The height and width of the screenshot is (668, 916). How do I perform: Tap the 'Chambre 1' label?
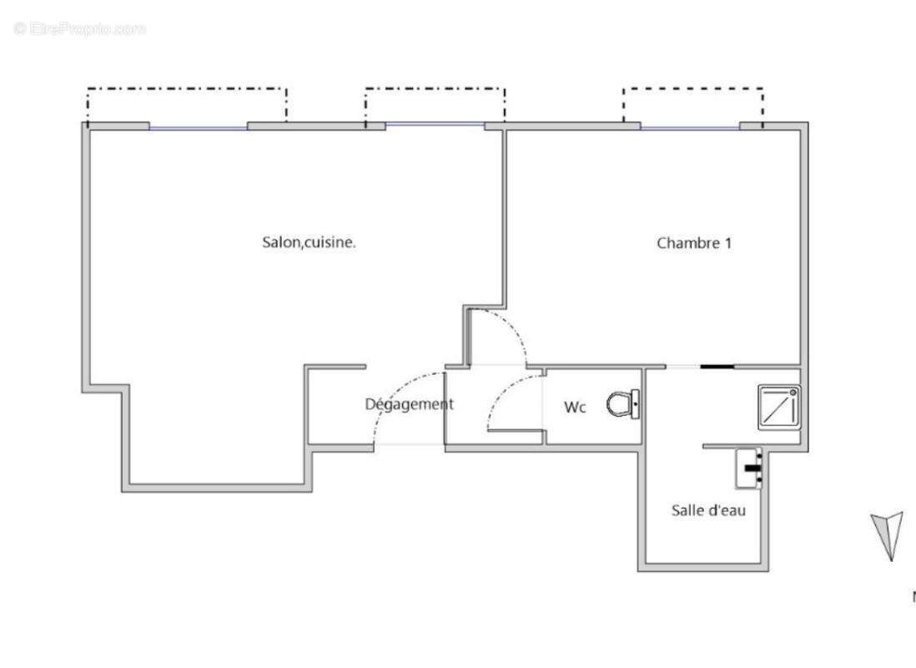click(694, 243)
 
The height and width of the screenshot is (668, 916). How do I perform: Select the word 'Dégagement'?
click(409, 404)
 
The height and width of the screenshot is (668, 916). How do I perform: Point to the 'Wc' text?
click(575, 407)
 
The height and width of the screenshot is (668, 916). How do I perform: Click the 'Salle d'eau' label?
click(708, 510)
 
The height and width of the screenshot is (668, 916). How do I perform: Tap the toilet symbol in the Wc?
click(623, 405)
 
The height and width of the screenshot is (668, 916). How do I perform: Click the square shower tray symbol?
click(778, 407)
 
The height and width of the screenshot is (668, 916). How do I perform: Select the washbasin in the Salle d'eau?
click(748, 468)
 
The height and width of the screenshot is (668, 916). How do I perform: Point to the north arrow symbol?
click(888, 535)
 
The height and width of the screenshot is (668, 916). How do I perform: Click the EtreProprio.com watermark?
click(79, 29)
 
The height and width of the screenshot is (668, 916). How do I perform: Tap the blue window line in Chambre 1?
click(690, 128)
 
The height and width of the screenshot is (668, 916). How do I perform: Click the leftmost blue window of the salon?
click(199, 128)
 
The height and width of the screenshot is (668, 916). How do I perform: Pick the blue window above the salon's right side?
click(435, 124)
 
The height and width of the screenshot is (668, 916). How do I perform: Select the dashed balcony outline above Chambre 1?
click(692, 89)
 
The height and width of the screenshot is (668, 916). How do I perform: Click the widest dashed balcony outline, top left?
click(187, 89)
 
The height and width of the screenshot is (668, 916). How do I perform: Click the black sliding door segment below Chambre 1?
click(717, 367)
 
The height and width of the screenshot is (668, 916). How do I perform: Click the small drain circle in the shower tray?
click(793, 391)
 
